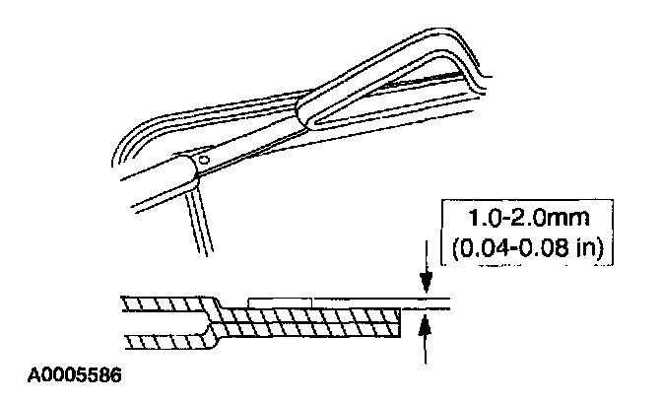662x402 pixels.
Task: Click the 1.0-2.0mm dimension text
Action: (528, 218)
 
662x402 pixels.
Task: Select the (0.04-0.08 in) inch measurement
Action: (527, 247)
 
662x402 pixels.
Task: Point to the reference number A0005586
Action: (75, 375)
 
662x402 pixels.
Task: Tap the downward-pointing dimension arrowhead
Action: (426, 282)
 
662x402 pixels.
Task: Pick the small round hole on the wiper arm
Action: (204, 160)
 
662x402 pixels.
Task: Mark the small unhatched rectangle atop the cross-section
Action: (281, 303)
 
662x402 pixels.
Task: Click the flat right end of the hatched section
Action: (400, 323)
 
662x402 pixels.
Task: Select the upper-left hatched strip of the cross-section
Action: (167, 304)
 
